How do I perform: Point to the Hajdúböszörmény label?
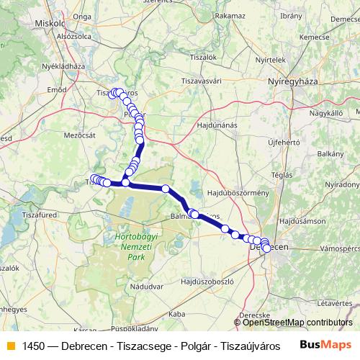[238, 194]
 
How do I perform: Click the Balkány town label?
[330, 153]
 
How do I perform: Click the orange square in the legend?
[9, 343]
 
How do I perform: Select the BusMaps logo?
[326, 343]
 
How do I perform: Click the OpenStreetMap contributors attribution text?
[297, 323]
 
